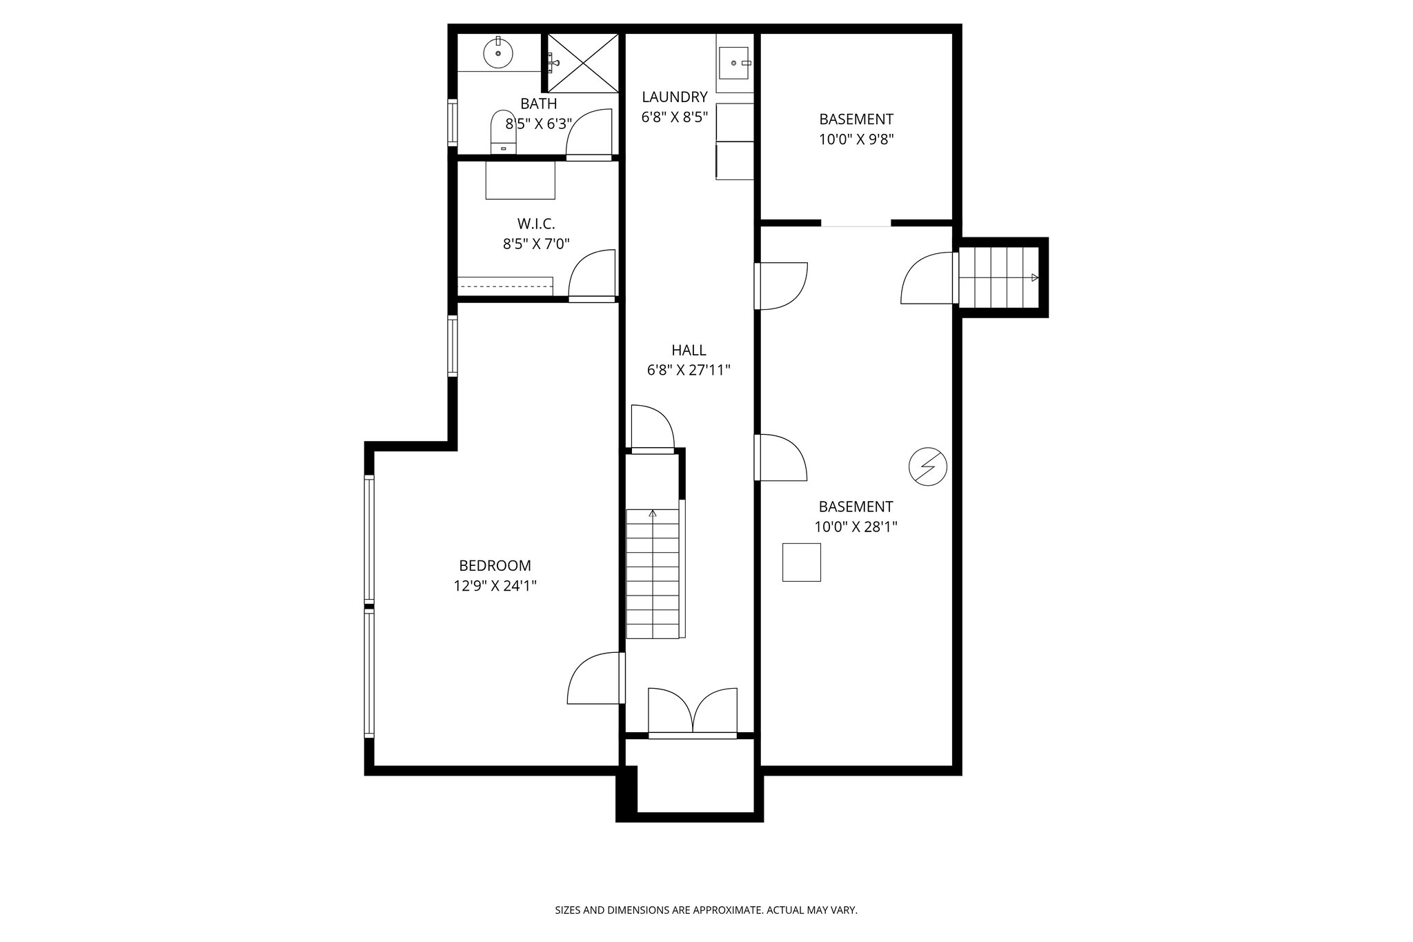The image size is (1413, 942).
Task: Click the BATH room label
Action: [x=538, y=104]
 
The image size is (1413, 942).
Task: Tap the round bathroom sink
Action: [x=498, y=53]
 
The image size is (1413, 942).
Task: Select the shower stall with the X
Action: [x=584, y=63]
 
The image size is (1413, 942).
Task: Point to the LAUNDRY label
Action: [x=674, y=97]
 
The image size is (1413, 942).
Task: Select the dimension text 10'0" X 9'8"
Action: [x=856, y=139]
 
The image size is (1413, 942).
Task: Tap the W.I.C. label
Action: [x=536, y=224]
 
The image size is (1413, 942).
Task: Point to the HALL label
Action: [x=688, y=350]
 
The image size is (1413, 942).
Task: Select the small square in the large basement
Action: [x=801, y=562]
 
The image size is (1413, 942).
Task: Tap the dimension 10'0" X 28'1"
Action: [x=855, y=527]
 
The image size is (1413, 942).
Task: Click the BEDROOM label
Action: [x=495, y=566]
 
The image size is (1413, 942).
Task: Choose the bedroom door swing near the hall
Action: [x=595, y=678]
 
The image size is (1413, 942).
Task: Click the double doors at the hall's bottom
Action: [x=692, y=711]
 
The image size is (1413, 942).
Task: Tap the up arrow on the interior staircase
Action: [x=653, y=513]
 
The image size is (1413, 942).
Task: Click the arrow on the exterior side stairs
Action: [x=1034, y=277]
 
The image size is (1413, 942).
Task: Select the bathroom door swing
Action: [x=590, y=133]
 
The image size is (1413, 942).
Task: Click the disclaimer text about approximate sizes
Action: [x=706, y=910]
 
